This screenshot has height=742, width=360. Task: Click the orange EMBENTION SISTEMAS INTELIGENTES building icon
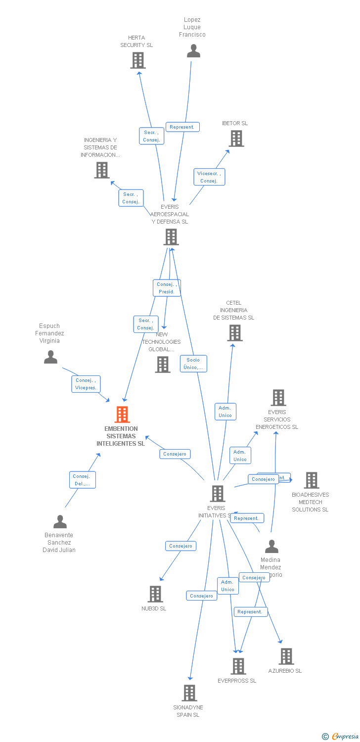[122, 415]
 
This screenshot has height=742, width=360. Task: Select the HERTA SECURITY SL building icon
[137, 60]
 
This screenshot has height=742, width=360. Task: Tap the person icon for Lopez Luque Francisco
[193, 51]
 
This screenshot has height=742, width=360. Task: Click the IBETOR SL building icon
[236, 139]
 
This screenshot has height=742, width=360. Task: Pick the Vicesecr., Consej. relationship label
[209, 177]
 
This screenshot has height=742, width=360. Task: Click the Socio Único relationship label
[193, 364]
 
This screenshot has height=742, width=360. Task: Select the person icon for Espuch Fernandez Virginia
[50, 357]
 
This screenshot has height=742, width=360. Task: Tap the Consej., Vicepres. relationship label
[86, 384]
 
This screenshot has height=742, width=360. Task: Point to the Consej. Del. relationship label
[82, 480]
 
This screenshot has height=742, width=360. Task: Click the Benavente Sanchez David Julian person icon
[60, 522]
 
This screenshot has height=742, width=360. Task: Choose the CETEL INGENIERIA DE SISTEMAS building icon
[235, 333]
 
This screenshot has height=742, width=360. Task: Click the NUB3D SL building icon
[155, 594]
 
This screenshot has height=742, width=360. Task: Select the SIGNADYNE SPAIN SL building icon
[189, 693]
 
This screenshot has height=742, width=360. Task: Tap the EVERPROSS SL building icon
[238, 666]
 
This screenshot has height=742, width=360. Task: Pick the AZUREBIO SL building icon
[286, 656]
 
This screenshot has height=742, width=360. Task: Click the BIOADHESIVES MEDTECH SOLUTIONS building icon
[311, 480]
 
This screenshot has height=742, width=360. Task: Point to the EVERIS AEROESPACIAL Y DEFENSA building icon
[171, 237]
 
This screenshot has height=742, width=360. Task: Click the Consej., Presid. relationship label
[167, 288]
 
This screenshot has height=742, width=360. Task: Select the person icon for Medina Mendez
[271, 547]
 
